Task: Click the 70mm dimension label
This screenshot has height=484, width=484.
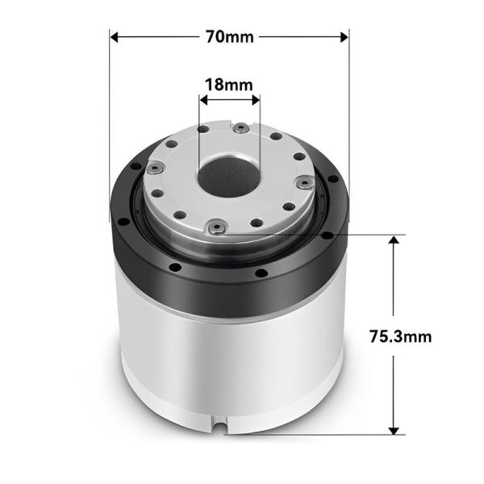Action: click(229, 36)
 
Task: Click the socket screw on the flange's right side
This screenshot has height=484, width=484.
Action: click(304, 183)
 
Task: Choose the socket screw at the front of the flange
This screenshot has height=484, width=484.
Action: click(215, 228)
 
